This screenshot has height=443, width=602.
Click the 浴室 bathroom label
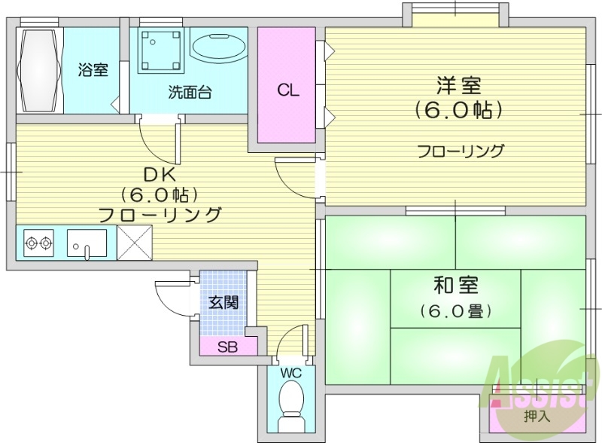point(93,70)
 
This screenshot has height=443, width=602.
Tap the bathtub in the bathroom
point(38,70)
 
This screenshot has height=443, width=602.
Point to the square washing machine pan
point(161,50)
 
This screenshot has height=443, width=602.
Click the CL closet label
point(287,91)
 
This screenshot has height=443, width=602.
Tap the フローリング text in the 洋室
point(461,151)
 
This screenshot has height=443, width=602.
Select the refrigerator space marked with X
point(135,243)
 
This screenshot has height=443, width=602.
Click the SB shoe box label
point(227,347)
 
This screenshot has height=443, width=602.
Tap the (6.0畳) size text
point(456,310)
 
